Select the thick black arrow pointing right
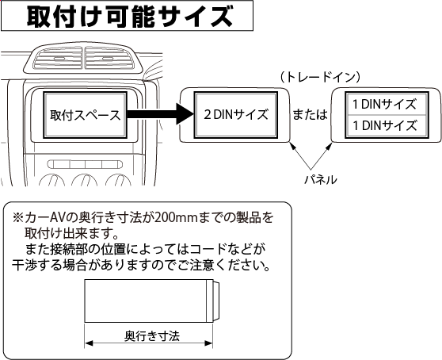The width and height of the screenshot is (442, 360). (158, 116)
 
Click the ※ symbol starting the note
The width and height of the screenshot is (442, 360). (17, 217)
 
